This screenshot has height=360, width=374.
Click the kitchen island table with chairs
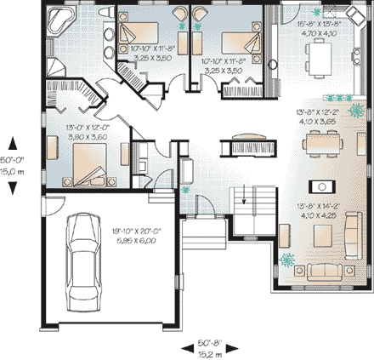[x=322, y=60]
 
